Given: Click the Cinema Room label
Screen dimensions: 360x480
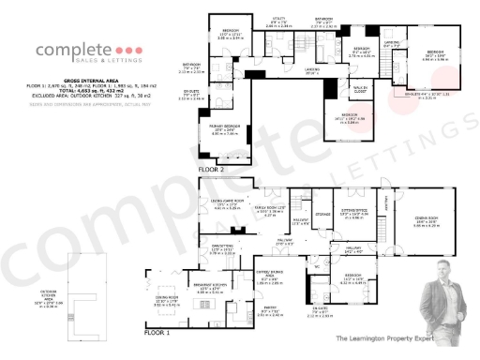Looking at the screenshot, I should click(433, 222).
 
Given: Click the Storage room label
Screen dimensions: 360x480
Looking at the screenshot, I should click(323, 215).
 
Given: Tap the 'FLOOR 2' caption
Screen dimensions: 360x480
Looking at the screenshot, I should click(210, 168).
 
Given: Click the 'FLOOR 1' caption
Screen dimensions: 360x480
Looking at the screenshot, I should click(157, 332).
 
